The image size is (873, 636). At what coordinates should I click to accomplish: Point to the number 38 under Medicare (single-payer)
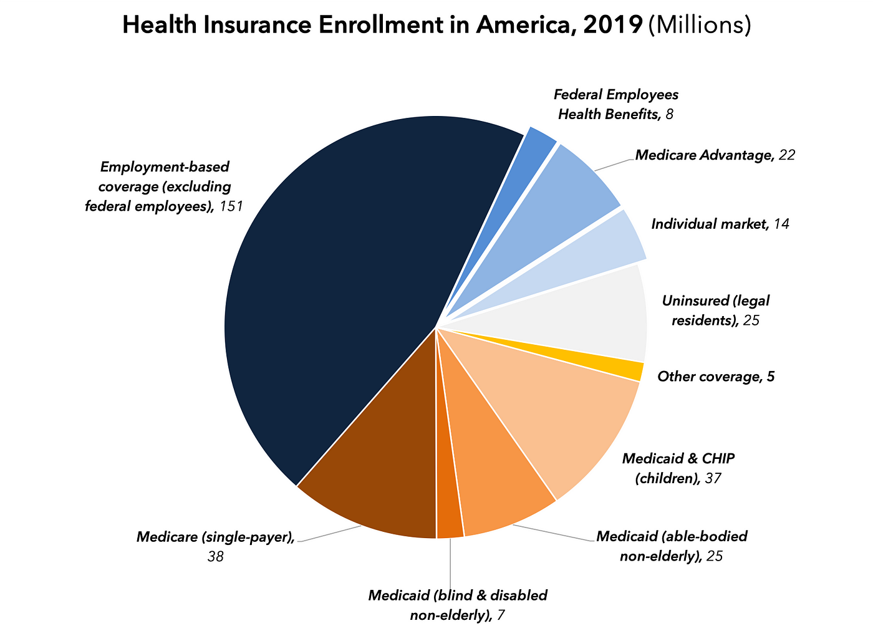tap(215, 556)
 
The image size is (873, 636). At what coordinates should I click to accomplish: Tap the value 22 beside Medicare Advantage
tap(786, 155)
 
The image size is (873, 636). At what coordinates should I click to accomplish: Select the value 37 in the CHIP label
tap(712, 478)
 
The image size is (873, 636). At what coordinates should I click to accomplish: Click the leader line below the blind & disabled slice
tap(450, 561)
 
